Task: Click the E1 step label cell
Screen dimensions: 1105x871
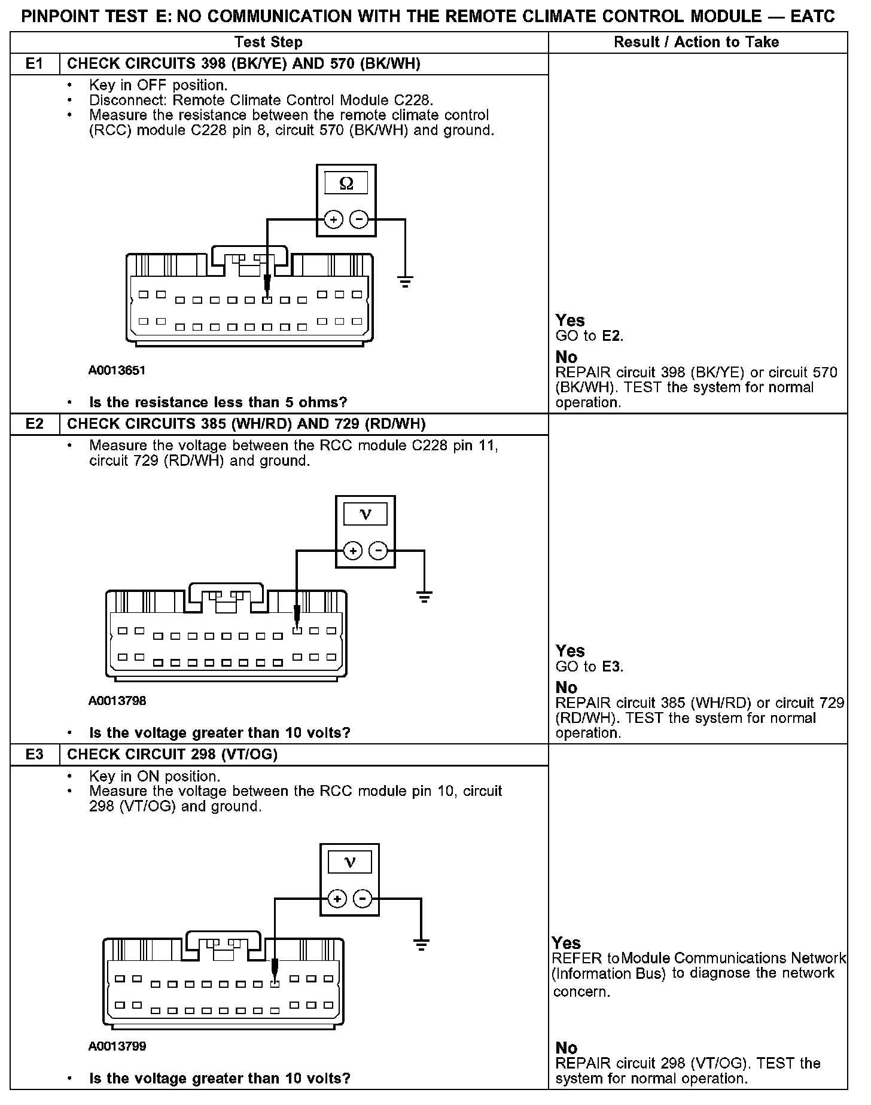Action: [35, 64]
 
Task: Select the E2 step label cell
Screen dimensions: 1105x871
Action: [35, 424]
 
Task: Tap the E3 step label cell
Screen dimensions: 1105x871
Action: [35, 755]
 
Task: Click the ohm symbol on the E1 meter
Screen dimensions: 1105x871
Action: [346, 184]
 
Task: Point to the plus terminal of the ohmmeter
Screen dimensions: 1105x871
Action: [333, 220]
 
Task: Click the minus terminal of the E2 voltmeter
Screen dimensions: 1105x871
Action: [378, 551]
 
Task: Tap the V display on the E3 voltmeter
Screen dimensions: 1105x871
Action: [350, 862]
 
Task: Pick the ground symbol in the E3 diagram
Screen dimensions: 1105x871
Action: [421, 945]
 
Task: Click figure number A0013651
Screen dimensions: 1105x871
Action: [117, 370]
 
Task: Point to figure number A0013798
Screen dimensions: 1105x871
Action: [117, 701]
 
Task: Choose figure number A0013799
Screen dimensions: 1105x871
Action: [117, 1046]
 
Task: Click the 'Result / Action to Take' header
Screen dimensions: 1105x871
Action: [696, 42]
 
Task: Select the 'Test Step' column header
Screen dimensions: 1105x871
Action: [269, 42]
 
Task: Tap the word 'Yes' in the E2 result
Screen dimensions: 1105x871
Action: [569, 651]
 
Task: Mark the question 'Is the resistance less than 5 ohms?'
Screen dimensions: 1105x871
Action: [218, 402]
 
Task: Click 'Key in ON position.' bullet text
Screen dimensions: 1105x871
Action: [154, 776]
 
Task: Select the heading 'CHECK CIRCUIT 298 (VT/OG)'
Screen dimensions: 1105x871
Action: [172, 755]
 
